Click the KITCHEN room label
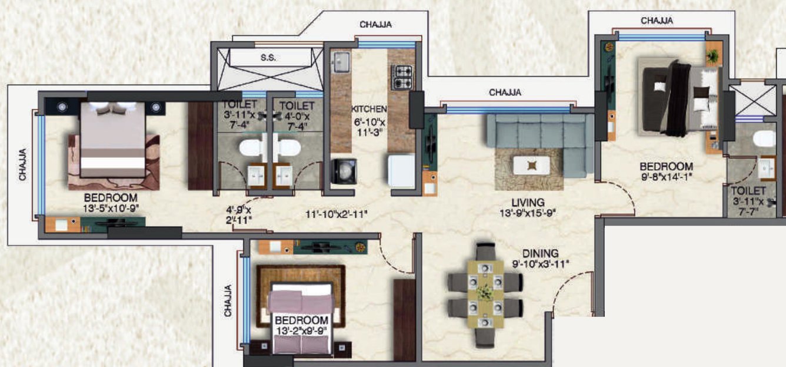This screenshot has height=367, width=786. tap(369, 110)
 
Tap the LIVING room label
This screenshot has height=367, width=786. tap(527, 202)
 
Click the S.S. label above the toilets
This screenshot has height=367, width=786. tap(268, 58)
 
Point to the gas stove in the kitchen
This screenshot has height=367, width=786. tap(402, 76)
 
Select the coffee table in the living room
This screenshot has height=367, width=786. tap(532, 166)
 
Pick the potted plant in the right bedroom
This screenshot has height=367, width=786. tap(713, 56)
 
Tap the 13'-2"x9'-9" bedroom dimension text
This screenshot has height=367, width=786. tap(302, 330)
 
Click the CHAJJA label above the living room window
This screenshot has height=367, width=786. tap(505, 92)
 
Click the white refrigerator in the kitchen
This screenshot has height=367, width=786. tap(401, 171)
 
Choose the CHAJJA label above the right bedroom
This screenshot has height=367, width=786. tap(657, 21)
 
